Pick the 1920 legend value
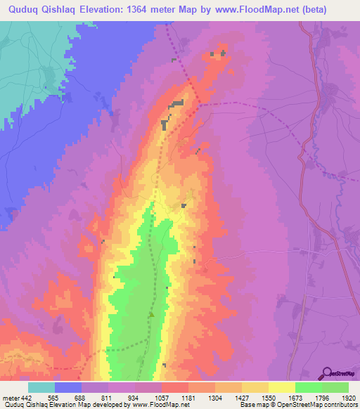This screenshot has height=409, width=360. (348, 397)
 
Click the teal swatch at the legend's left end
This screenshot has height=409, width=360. (41, 387)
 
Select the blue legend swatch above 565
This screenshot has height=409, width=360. (68, 387)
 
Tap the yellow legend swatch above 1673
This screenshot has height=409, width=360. (282, 387)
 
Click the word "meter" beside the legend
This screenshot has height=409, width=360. (11, 397)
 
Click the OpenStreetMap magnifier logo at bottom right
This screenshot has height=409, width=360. (327, 373)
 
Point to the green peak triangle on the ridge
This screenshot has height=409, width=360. (150, 314)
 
